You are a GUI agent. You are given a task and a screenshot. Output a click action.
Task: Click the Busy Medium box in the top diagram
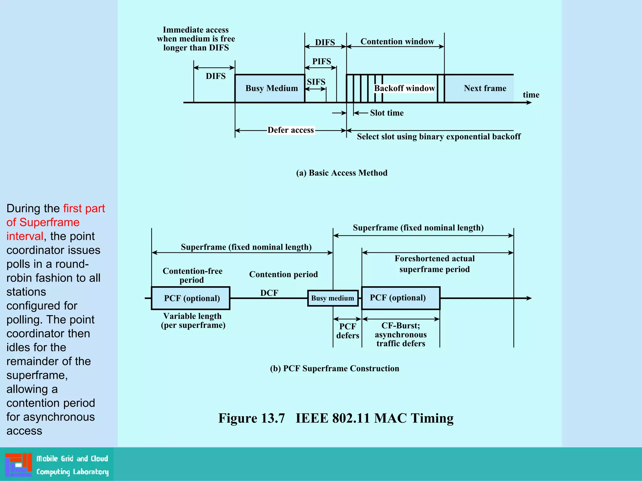(270, 88)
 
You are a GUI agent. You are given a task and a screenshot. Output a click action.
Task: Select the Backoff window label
(404, 88)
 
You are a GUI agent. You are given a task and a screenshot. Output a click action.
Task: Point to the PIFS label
(322, 61)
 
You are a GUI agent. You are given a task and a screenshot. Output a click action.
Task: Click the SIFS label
(316, 82)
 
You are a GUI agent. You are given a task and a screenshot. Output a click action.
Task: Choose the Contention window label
(397, 42)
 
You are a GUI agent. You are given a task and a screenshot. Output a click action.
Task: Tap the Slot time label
(387, 113)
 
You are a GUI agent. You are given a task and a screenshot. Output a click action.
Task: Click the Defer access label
(291, 130)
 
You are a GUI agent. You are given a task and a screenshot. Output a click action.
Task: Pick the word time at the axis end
(531, 95)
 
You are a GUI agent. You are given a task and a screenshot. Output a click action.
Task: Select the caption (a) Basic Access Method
(342, 173)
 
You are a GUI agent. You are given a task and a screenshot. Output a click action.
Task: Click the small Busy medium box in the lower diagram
(333, 298)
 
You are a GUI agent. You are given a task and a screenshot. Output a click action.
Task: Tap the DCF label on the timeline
(269, 293)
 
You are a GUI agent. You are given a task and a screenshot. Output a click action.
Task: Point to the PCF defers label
(348, 331)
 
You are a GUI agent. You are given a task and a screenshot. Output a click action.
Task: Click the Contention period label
(283, 274)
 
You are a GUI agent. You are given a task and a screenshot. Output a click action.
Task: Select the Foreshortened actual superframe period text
(434, 264)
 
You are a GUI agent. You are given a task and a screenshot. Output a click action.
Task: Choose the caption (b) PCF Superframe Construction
(334, 369)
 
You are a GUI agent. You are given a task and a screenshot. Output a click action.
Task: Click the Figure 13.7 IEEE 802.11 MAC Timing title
(336, 418)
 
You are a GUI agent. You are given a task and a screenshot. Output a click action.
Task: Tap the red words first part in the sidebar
(84, 209)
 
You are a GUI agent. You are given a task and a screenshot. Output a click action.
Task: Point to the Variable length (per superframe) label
(193, 321)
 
